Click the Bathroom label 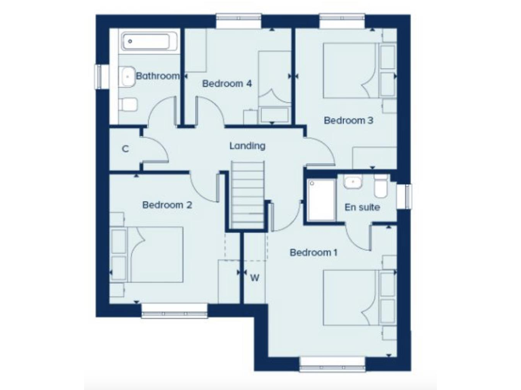[x=157, y=76]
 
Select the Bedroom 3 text [x=348, y=121]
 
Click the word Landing [x=247, y=146]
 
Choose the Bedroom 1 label [x=313, y=253]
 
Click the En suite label [x=362, y=207]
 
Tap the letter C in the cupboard [x=126, y=149]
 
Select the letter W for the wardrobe [x=255, y=277]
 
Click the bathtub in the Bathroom [x=149, y=42]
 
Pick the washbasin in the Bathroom [x=127, y=76]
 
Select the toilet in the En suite [x=381, y=185]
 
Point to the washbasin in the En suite [x=352, y=183]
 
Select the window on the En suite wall [x=408, y=196]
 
